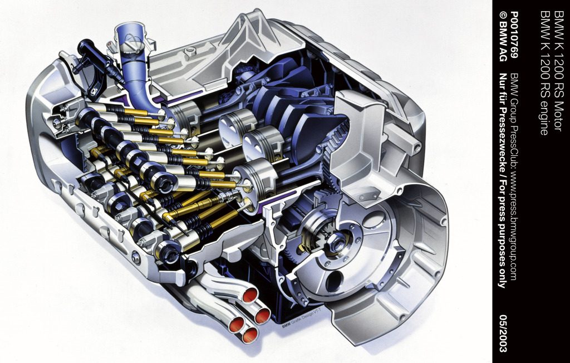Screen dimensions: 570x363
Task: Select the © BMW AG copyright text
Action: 503,40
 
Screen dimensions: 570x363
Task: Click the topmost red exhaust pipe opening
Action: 250,295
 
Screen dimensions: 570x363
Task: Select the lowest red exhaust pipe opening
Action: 250,335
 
